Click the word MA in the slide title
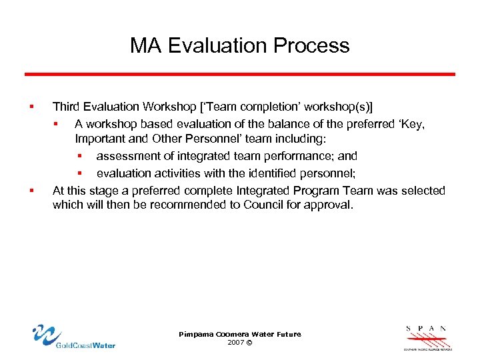145,45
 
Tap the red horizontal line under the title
240,74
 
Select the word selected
423,191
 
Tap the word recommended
194,205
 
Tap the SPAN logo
427,337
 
